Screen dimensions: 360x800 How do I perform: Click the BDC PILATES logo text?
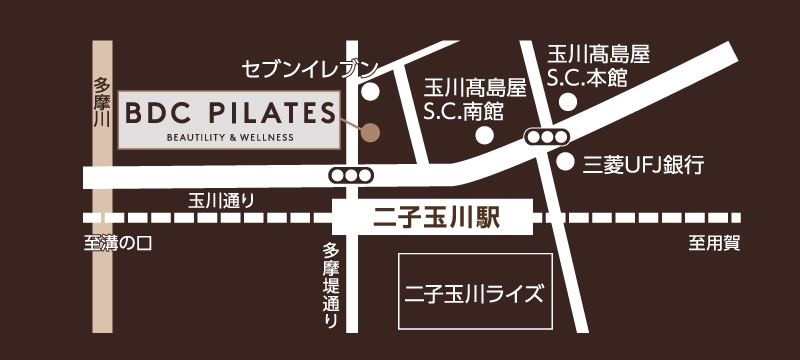229,111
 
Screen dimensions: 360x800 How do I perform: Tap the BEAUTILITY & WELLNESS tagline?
230,136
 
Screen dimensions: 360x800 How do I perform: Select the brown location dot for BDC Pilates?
371,131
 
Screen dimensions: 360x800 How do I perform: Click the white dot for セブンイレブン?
371,92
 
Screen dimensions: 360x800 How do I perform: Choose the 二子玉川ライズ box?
474,293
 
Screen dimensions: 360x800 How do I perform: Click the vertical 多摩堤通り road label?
331,287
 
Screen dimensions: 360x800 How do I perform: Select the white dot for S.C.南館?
484,135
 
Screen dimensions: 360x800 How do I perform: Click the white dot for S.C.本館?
568,101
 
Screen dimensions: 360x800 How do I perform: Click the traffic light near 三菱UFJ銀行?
547,137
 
